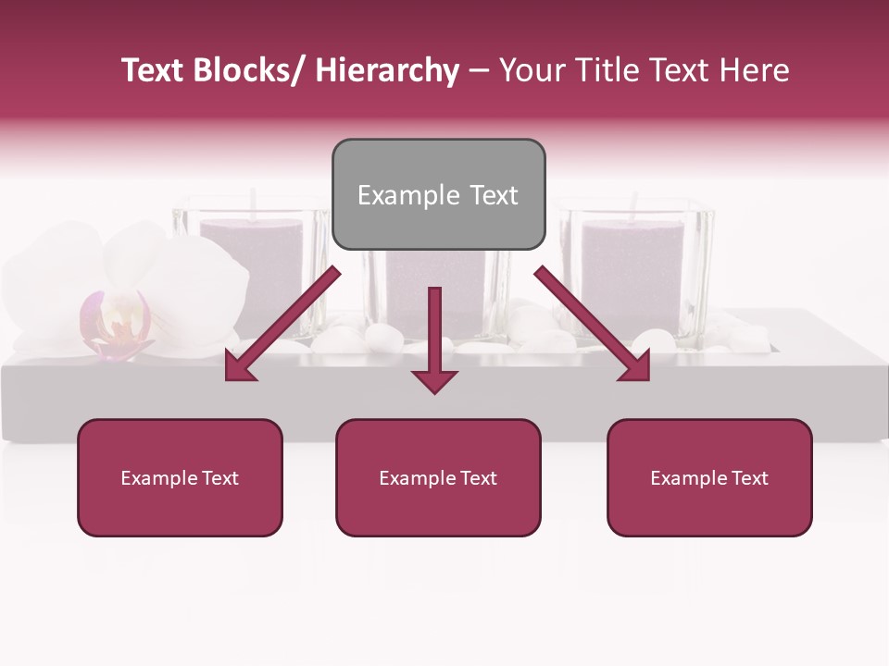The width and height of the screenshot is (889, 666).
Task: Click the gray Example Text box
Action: click(438, 194)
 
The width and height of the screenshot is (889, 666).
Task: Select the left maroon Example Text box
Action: click(180, 477)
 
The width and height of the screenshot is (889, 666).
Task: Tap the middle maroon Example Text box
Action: click(438, 477)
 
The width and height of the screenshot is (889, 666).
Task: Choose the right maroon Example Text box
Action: click(709, 477)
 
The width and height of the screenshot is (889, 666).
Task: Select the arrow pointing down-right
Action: click(593, 325)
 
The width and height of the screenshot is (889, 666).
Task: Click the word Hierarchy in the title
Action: click(386, 70)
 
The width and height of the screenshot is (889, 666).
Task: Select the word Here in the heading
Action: click(756, 70)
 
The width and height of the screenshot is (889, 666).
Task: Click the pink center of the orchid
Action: click(115, 324)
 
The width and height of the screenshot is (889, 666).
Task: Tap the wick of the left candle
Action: click(252, 202)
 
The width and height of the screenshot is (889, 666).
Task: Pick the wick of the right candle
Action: click(634, 204)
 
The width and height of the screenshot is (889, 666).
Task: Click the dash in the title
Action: click(479, 70)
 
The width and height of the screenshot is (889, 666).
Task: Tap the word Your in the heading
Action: click(531, 70)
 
